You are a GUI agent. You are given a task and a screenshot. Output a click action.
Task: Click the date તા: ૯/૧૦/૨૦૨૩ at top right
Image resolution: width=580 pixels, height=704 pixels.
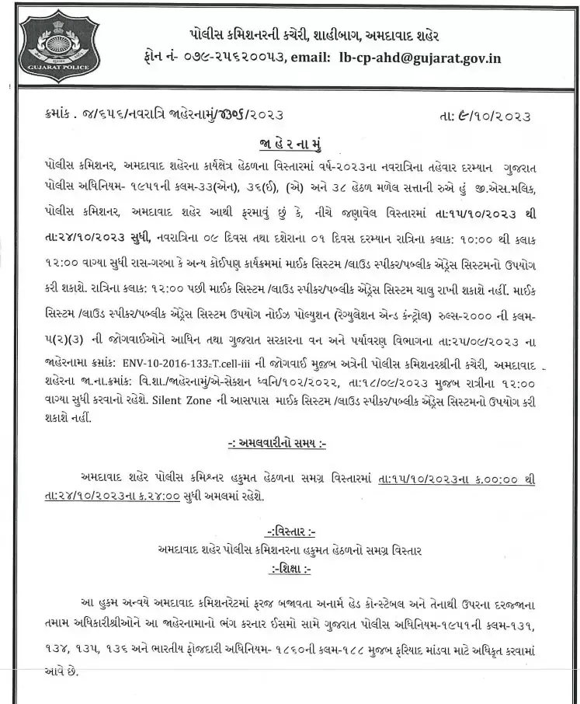pos(484,117)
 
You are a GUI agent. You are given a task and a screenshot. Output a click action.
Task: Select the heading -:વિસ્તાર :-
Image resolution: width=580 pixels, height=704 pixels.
pos(290,532)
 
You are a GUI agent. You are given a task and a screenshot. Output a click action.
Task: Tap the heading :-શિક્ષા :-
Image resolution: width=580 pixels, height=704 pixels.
pos(290,569)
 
